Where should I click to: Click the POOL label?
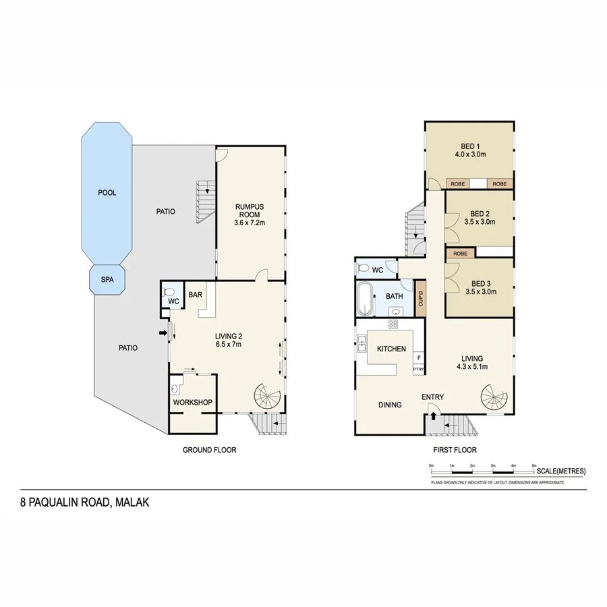(107, 193)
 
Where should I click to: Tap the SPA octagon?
(107, 279)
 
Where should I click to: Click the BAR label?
(196, 295)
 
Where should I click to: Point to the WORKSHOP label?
(193, 403)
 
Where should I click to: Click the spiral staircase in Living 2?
(268, 399)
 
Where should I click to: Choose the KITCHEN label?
(391, 349)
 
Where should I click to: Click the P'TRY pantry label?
(418, 370)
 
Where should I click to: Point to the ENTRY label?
(432, 397)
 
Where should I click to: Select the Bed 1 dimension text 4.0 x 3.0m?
(469, 154)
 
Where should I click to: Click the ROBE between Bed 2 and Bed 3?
(460, 253)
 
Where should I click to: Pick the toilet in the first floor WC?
(364, 268)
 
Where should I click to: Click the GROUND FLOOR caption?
(209, 450)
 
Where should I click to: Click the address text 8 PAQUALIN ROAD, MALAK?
(84, 502)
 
